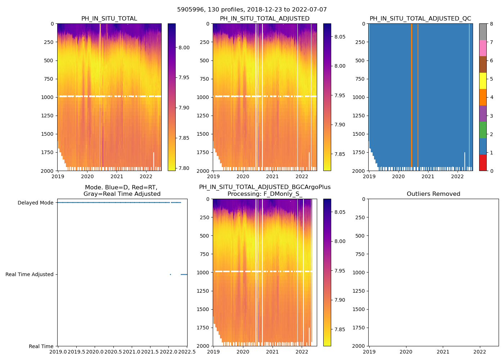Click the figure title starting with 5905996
[252, 10]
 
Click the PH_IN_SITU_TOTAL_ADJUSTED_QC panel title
[420, 19]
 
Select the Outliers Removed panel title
[433, 194]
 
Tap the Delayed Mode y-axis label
[35, 203]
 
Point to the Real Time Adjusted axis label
[30, 274]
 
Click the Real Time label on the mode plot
[41, 346]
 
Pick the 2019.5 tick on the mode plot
[76, 352]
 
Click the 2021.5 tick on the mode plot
[150, 352]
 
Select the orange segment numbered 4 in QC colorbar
[483, 97]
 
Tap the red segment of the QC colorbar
[483, 163]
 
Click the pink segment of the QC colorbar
[483, 48]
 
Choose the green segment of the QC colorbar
[483, 130]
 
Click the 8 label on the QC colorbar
[491, 24]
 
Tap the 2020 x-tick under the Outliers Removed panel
[406, 352]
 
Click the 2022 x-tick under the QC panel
[458, 176]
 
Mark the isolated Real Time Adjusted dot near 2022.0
[170, 274]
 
